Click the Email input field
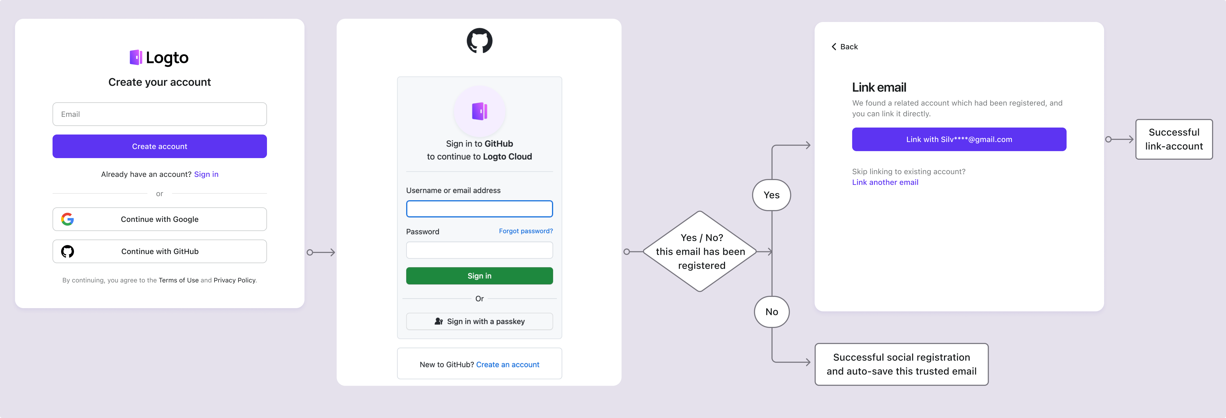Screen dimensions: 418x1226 coord(159,114)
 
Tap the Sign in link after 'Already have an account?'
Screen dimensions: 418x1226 coord(206,174)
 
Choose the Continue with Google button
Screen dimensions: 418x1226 coord(159,219)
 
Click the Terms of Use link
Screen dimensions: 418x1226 coord(179,280)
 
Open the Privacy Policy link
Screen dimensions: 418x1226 coord(234,280)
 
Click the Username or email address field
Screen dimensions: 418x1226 coord(479,209)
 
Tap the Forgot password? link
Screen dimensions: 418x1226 coord(525,231)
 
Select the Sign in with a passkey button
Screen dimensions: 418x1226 coord(479,322)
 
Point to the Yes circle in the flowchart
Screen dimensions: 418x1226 coord(771,195)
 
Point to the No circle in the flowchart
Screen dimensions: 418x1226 coord(771,312)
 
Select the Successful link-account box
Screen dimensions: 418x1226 coord(1174,139)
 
